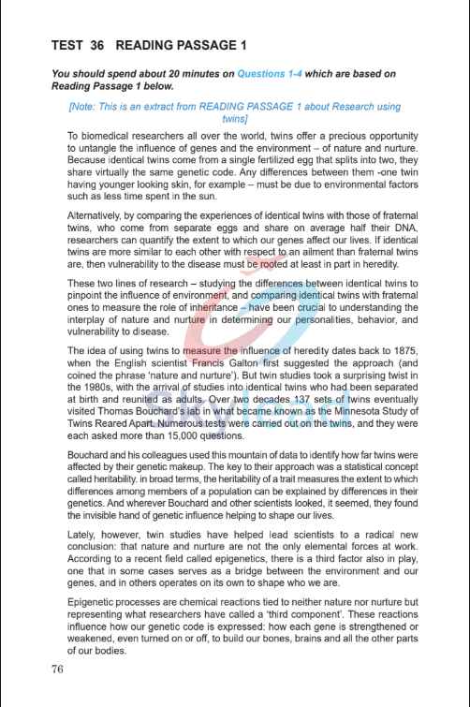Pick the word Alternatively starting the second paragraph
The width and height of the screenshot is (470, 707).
click(101, 215)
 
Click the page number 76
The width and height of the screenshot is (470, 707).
click(58, 669)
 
